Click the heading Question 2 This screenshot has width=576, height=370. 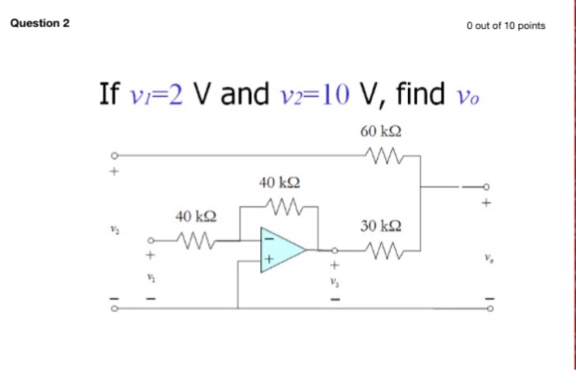click(39, 23)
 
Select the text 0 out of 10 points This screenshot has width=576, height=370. click(505, 25)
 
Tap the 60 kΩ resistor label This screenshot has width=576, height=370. click(380, 131)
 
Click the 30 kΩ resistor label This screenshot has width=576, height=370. click(381, 225)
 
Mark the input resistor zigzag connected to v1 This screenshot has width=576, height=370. click(194, 241)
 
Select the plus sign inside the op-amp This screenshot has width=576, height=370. click(268, 260)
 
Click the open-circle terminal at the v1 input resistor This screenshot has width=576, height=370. click(150, 241)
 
